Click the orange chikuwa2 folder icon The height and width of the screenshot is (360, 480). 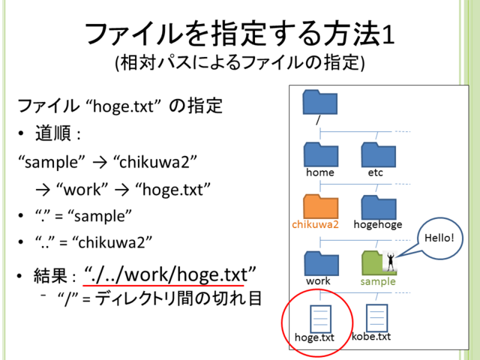point(321,206)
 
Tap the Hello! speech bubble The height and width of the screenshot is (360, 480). point(439,238)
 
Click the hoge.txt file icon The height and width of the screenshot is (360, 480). point(320,319)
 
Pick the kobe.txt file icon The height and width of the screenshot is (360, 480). point(376,318)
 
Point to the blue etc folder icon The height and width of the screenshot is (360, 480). point(378,154)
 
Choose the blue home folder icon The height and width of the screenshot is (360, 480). point(321,154)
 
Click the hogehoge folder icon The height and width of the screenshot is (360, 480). point(379,207)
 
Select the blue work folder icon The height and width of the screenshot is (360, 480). point(322,263)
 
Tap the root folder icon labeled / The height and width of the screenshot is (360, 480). point(320,102)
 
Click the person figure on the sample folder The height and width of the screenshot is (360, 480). point(390,262)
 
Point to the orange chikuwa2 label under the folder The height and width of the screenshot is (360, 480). point(315,224)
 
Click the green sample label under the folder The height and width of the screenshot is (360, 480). point(378,281)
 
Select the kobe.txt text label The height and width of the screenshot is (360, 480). point(371,337)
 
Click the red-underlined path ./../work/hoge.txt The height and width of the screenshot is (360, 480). point(169,274)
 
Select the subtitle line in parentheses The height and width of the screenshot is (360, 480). point(240,63)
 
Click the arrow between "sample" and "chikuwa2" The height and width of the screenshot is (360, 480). point(100,163)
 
